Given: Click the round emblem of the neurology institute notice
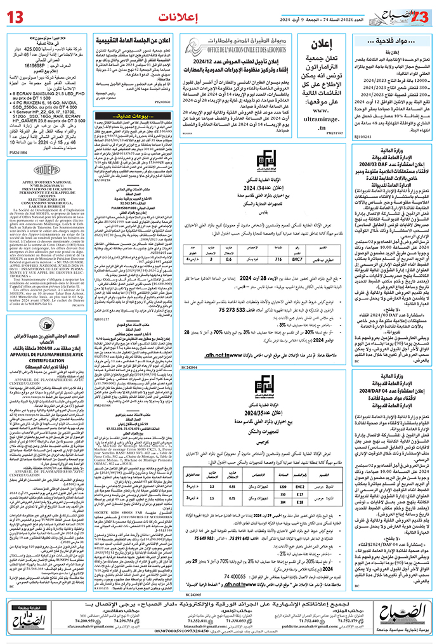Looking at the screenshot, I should click(44, 334).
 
